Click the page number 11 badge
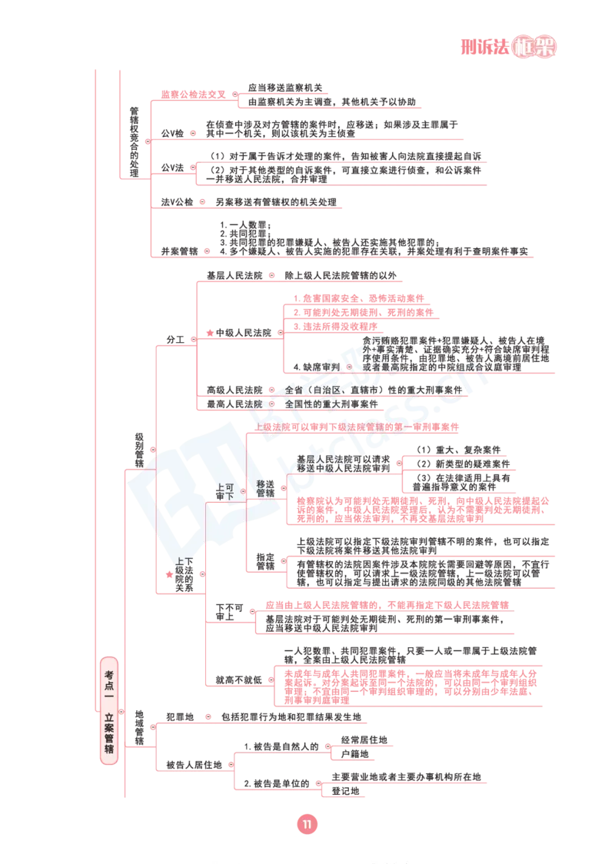click(307, 824)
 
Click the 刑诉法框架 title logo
click(508, 47)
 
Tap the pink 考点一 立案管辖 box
click(109, 711)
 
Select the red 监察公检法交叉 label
click(194, 95)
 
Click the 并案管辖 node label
click(179, 251)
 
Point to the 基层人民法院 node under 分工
click(234, 275)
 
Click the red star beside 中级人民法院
click(210, 333)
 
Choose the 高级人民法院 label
click(234, 390)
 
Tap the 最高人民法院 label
click(234, 404)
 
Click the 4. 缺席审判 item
click(316, 367)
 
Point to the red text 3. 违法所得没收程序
click(335, 327)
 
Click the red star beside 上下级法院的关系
click(169, 574)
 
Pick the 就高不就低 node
click(238, 680)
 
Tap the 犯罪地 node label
click(180, 717)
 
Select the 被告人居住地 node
click(194, 765)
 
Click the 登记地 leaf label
click(345, 791)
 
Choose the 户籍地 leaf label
click(355, 754)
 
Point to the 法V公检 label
click(177, 202)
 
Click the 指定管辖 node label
click(266, 561)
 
